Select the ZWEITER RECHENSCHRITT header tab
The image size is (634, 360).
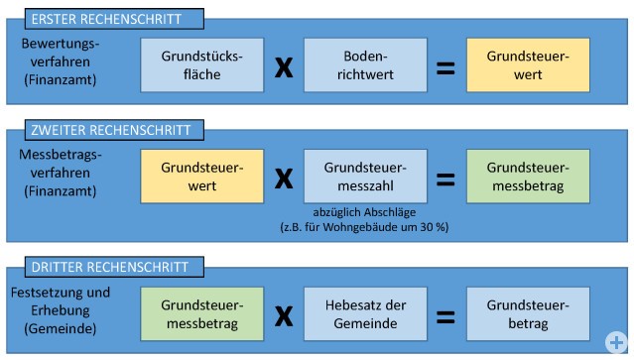tap(107, 130)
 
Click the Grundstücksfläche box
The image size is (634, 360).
tap(202, 65)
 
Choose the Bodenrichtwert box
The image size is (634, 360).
tap(365, 65)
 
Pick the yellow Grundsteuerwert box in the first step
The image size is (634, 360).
tap(528, 65)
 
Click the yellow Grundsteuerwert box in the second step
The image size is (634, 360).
tap(202, 177)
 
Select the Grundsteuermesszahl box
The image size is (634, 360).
tap(365, 177)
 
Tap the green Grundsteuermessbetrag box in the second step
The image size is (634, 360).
tap(528, 177)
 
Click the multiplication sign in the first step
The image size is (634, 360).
tap(284, 67)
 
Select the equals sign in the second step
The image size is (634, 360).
tap(445, 180)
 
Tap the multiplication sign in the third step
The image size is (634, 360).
tap(284, 316)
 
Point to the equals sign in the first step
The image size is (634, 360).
tap(445, 68)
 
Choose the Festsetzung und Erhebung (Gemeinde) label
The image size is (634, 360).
tap(62, 309)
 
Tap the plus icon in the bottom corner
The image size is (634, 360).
tap(618, 343)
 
